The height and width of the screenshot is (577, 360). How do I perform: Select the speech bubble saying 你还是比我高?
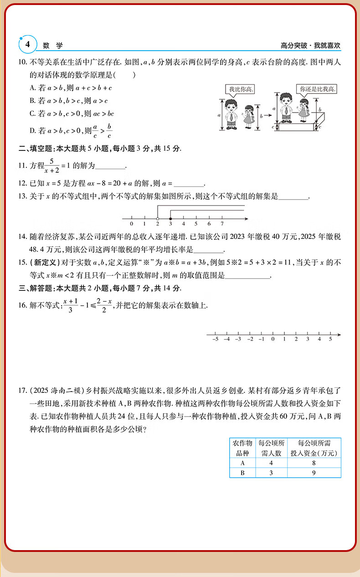(x=316, y=89)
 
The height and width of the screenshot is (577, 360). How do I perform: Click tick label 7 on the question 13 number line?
(x=222, y=225)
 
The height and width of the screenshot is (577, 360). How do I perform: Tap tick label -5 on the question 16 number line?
(x=215, y=340)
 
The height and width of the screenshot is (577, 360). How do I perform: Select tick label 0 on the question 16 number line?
(x=273, y=340)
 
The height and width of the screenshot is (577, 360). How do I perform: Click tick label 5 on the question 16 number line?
(x=330, y=340)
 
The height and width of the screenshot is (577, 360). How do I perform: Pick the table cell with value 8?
(x=314, y=463)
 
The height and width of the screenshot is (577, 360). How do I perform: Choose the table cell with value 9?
(x=314, y=473)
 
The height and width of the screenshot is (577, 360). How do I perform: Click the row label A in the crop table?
(x=242, y=463)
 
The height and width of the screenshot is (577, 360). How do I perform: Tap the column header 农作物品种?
(x=242, y=448)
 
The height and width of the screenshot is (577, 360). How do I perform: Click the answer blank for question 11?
(x=110, y=167)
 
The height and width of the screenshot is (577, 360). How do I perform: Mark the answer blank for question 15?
(x=248, y=276)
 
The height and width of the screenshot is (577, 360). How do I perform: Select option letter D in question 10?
(x=32, y=131)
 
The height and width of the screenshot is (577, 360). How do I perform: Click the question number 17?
(x=22, y=391)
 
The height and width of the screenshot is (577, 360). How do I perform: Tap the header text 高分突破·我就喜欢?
(x=311, y=46)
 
